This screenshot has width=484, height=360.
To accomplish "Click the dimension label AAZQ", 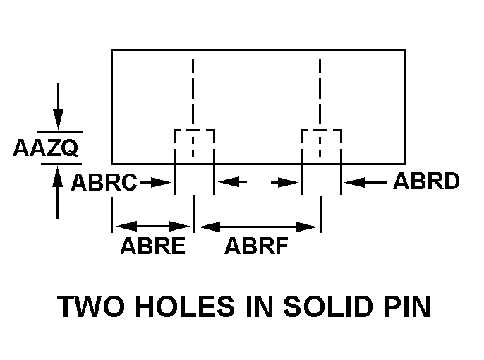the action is coord(46,148).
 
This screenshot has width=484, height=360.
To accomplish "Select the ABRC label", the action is coord(104,182).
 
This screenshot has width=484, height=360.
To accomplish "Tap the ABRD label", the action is coord(426,181).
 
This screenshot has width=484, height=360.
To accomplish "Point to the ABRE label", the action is coord(153,246).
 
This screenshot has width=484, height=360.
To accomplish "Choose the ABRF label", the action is coord(257,246).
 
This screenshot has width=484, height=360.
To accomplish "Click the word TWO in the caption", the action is coord(91,306).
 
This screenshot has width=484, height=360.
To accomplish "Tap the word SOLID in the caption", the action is coord(328,306).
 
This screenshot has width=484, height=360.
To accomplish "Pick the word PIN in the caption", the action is coord(407,306).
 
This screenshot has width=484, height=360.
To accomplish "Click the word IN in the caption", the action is coord(260,306).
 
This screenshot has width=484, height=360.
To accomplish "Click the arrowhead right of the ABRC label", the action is coord(161,182).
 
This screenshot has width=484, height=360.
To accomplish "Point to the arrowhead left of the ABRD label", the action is coord(355,182).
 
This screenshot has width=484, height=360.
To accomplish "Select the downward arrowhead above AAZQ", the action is coord(58,119).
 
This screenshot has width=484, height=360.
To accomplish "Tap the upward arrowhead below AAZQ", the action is coord(57,176).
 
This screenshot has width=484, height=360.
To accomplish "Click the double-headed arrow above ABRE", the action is coord(152,227).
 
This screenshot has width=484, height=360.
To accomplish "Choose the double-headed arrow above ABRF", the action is coord(258,227).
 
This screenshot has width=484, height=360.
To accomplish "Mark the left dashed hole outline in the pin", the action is coord(194,131).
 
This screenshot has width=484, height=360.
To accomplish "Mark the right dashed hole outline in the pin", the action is coord(321,131).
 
